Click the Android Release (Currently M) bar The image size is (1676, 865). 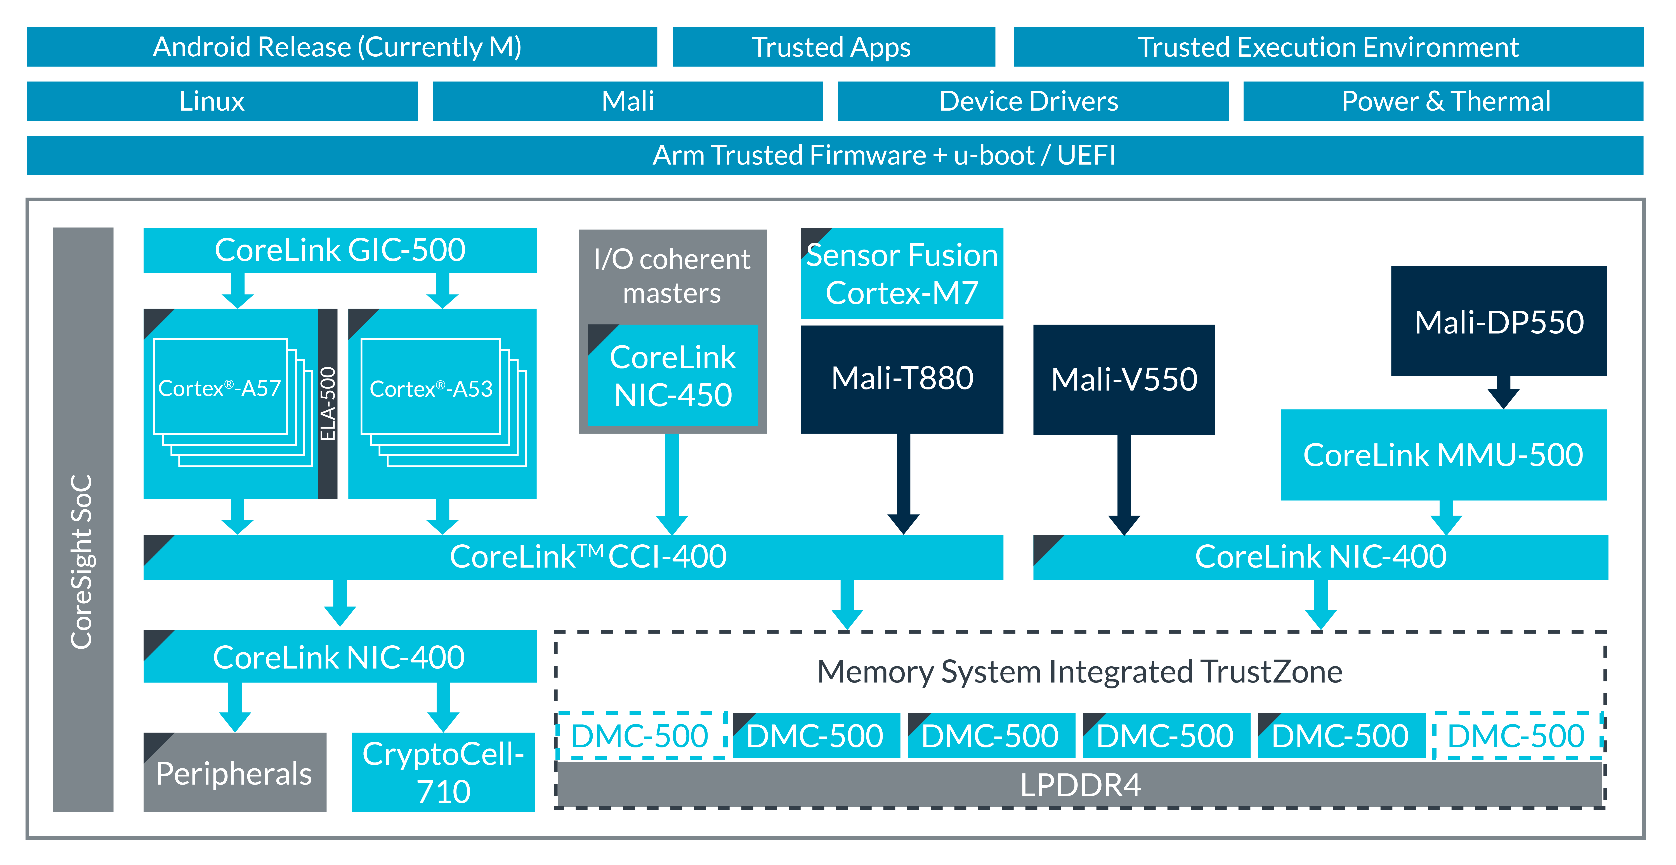(342, 47)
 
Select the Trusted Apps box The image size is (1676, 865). (833, 47)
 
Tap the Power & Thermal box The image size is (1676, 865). (1443, 101)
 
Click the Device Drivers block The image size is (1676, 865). (1032, 101)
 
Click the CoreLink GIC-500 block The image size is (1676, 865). (340, 250)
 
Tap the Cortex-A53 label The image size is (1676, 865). (431, 389)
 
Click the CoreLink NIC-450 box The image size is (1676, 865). (673, 376)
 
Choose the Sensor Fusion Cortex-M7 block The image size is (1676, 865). (902, 273)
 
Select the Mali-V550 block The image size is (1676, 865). (1124, 379)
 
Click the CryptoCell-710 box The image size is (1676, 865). (443, 773)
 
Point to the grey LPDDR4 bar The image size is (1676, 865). (1080, 785)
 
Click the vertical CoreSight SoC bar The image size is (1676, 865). (83, 519)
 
